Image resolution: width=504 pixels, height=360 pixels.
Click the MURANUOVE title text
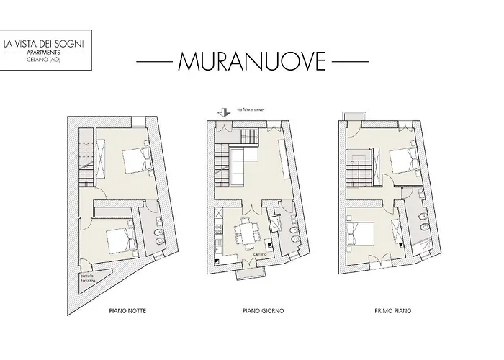click(x=251, y=62)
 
